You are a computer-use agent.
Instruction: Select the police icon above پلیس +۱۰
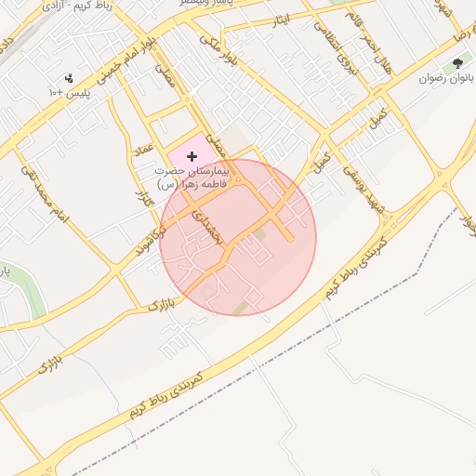(x=68, y=79)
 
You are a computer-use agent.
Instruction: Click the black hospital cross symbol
(x=192, y=157)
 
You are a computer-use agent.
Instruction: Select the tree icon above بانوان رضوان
(x=457, y=64)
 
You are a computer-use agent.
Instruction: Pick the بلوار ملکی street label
(x=223, y=51)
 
